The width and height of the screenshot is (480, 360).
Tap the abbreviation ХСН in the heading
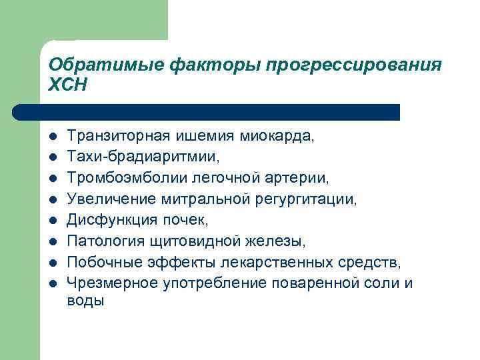click(68, 85)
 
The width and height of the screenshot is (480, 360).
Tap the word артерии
click(300, 178)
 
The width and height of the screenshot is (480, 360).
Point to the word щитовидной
click(185, 241)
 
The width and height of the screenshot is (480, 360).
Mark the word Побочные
click(99, 262)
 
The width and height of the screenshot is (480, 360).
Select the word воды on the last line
click(86, 301)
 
